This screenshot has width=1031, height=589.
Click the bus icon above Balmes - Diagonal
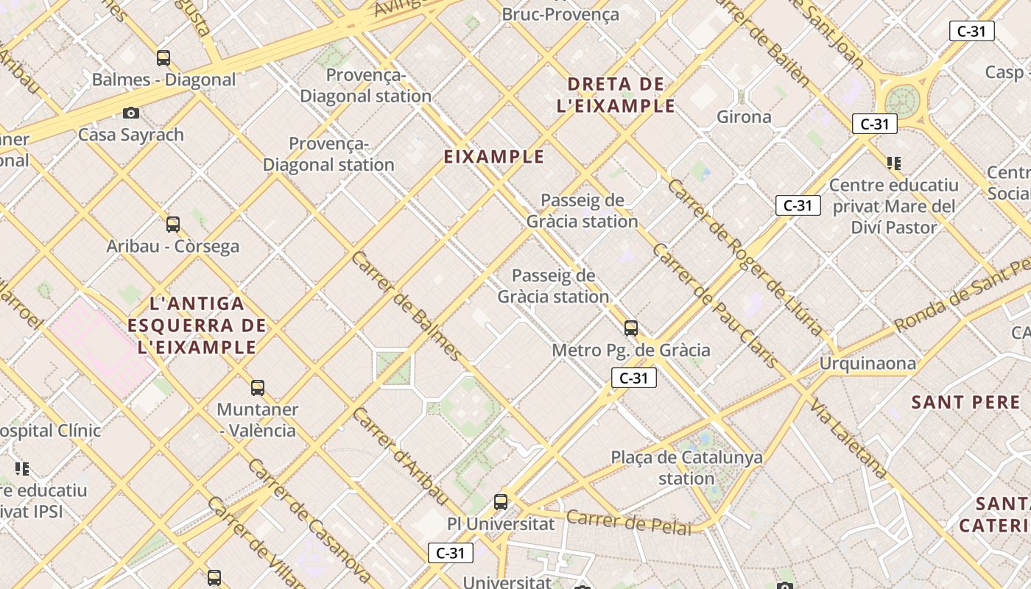point(163,58)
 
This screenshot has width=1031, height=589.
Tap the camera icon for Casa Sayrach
point(131,113)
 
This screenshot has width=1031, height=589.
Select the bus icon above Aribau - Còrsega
point(173,225)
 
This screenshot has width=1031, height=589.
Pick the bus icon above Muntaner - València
point(258,388)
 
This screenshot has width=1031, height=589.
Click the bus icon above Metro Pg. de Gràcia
point(631,328)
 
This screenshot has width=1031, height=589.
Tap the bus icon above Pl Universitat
point(501,502)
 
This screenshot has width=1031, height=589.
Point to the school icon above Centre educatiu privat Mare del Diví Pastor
point(894,163)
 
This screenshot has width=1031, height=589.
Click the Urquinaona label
point(868,363)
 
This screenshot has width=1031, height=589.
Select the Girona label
point(744,116)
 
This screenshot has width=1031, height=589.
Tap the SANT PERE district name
point(965,403)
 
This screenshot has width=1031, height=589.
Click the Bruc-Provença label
point(560,14)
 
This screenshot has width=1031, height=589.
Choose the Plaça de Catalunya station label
point(686,468)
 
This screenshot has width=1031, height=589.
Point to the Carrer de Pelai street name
point(629,521)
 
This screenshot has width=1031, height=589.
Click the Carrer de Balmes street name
point(407,306)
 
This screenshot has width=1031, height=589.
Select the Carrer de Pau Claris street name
point(714,306)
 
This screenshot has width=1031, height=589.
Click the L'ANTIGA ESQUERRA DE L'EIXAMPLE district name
point(197,325)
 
